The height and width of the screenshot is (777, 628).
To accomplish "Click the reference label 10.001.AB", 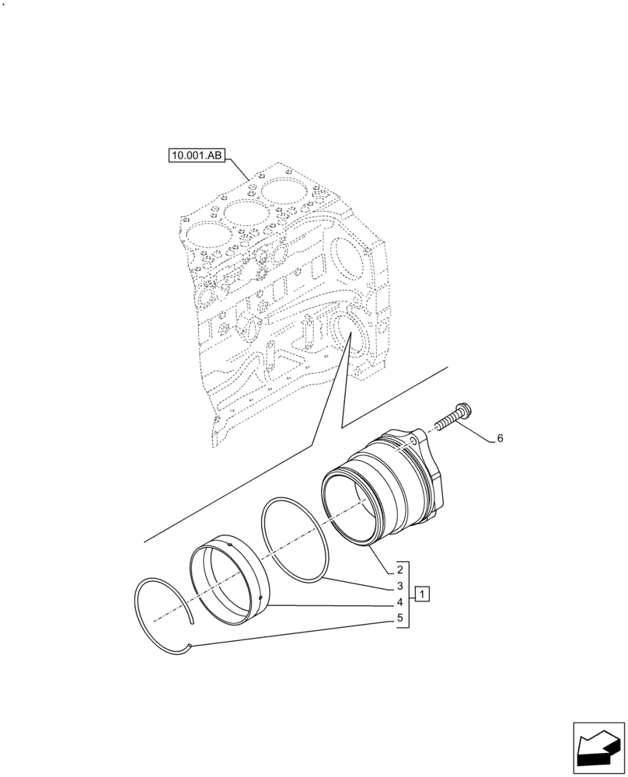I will coord(195,156).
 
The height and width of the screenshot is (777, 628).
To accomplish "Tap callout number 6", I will coord(500,439).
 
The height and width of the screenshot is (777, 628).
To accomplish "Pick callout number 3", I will coord(399,585).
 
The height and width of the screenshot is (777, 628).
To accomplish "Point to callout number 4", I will coord(399,602).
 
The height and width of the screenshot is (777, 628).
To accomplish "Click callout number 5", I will coord(399,619).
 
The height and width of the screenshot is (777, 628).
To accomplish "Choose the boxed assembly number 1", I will coord(421,595).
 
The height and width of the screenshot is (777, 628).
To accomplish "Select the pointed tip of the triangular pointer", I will coord(351,333).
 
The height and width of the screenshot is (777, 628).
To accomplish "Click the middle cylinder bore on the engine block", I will coord(242,211).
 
